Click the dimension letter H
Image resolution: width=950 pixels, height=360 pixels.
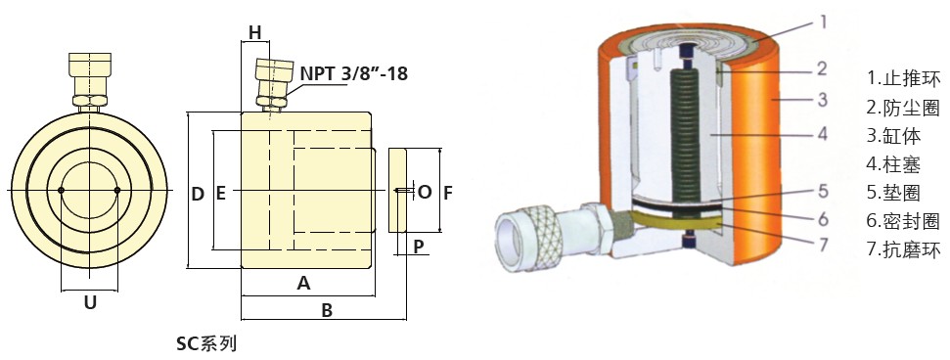[x=255, y=32]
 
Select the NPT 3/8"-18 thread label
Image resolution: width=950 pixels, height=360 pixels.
[x=354, y=74]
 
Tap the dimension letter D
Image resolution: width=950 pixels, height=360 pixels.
[x=198, y=194]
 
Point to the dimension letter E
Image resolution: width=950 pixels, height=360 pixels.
[x=220, y=194]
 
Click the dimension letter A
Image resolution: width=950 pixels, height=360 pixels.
[x=303, y=283]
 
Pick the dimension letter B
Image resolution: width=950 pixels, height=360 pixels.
[x=327, y=310]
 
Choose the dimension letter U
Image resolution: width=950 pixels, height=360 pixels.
[x=90, y=302]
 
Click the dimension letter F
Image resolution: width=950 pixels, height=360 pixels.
[x=448, y=193]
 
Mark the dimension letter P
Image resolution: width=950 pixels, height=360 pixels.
[x=419, y=247]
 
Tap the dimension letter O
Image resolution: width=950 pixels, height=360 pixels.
[x=425, y=192]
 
